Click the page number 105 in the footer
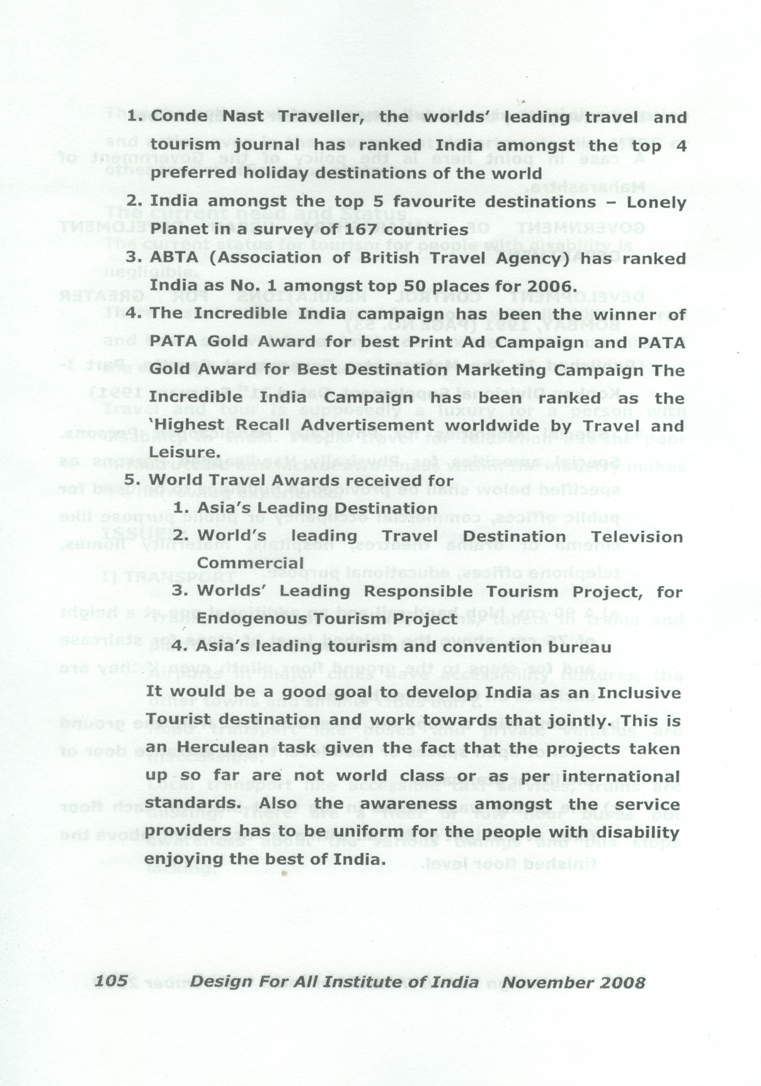click(111, 981)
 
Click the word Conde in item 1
click(179, 117)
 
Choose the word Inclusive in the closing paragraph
click(639, 693)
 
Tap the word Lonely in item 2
click(656, 202)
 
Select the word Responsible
click(418, 592)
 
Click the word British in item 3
click(389, 258)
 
